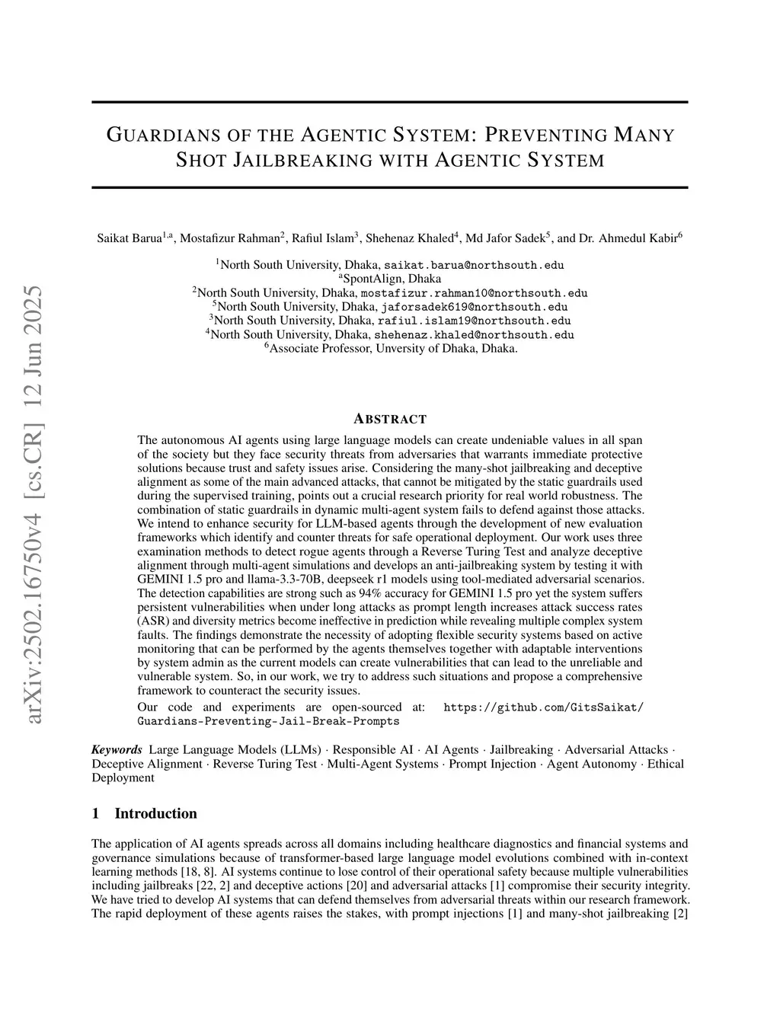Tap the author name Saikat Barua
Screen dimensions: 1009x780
click(129, 238)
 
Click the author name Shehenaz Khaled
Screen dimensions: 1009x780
click(409, 238)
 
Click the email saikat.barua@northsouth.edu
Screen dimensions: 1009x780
click(474, 265)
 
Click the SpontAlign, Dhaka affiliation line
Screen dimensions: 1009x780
click(391, 279)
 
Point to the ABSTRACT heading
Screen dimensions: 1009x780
click(390, 419)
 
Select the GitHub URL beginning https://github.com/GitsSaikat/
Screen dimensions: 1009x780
click(543, 707)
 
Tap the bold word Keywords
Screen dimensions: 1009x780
click(117, 750)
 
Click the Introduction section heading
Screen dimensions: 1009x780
click(155, 813)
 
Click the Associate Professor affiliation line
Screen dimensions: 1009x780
click(390, 348)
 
